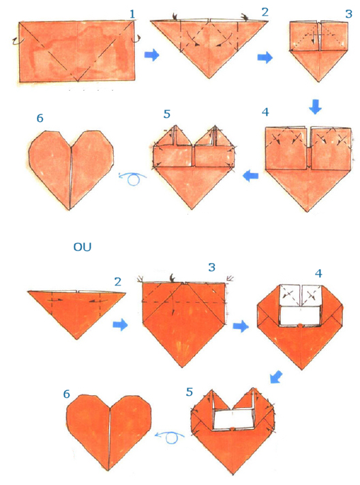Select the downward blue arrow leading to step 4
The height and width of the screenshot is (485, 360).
click(315, 107)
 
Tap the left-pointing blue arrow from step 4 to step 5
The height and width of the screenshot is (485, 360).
click(252, 176)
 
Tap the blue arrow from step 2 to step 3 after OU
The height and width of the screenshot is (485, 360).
click(120, 326)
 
